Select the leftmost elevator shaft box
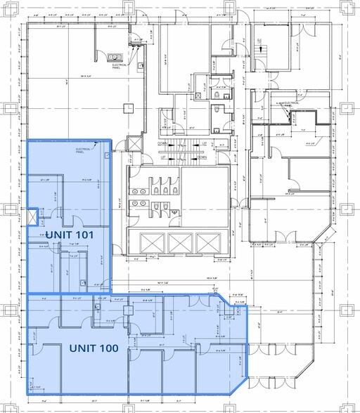pos(152,243)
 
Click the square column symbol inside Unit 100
pos(128,309)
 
